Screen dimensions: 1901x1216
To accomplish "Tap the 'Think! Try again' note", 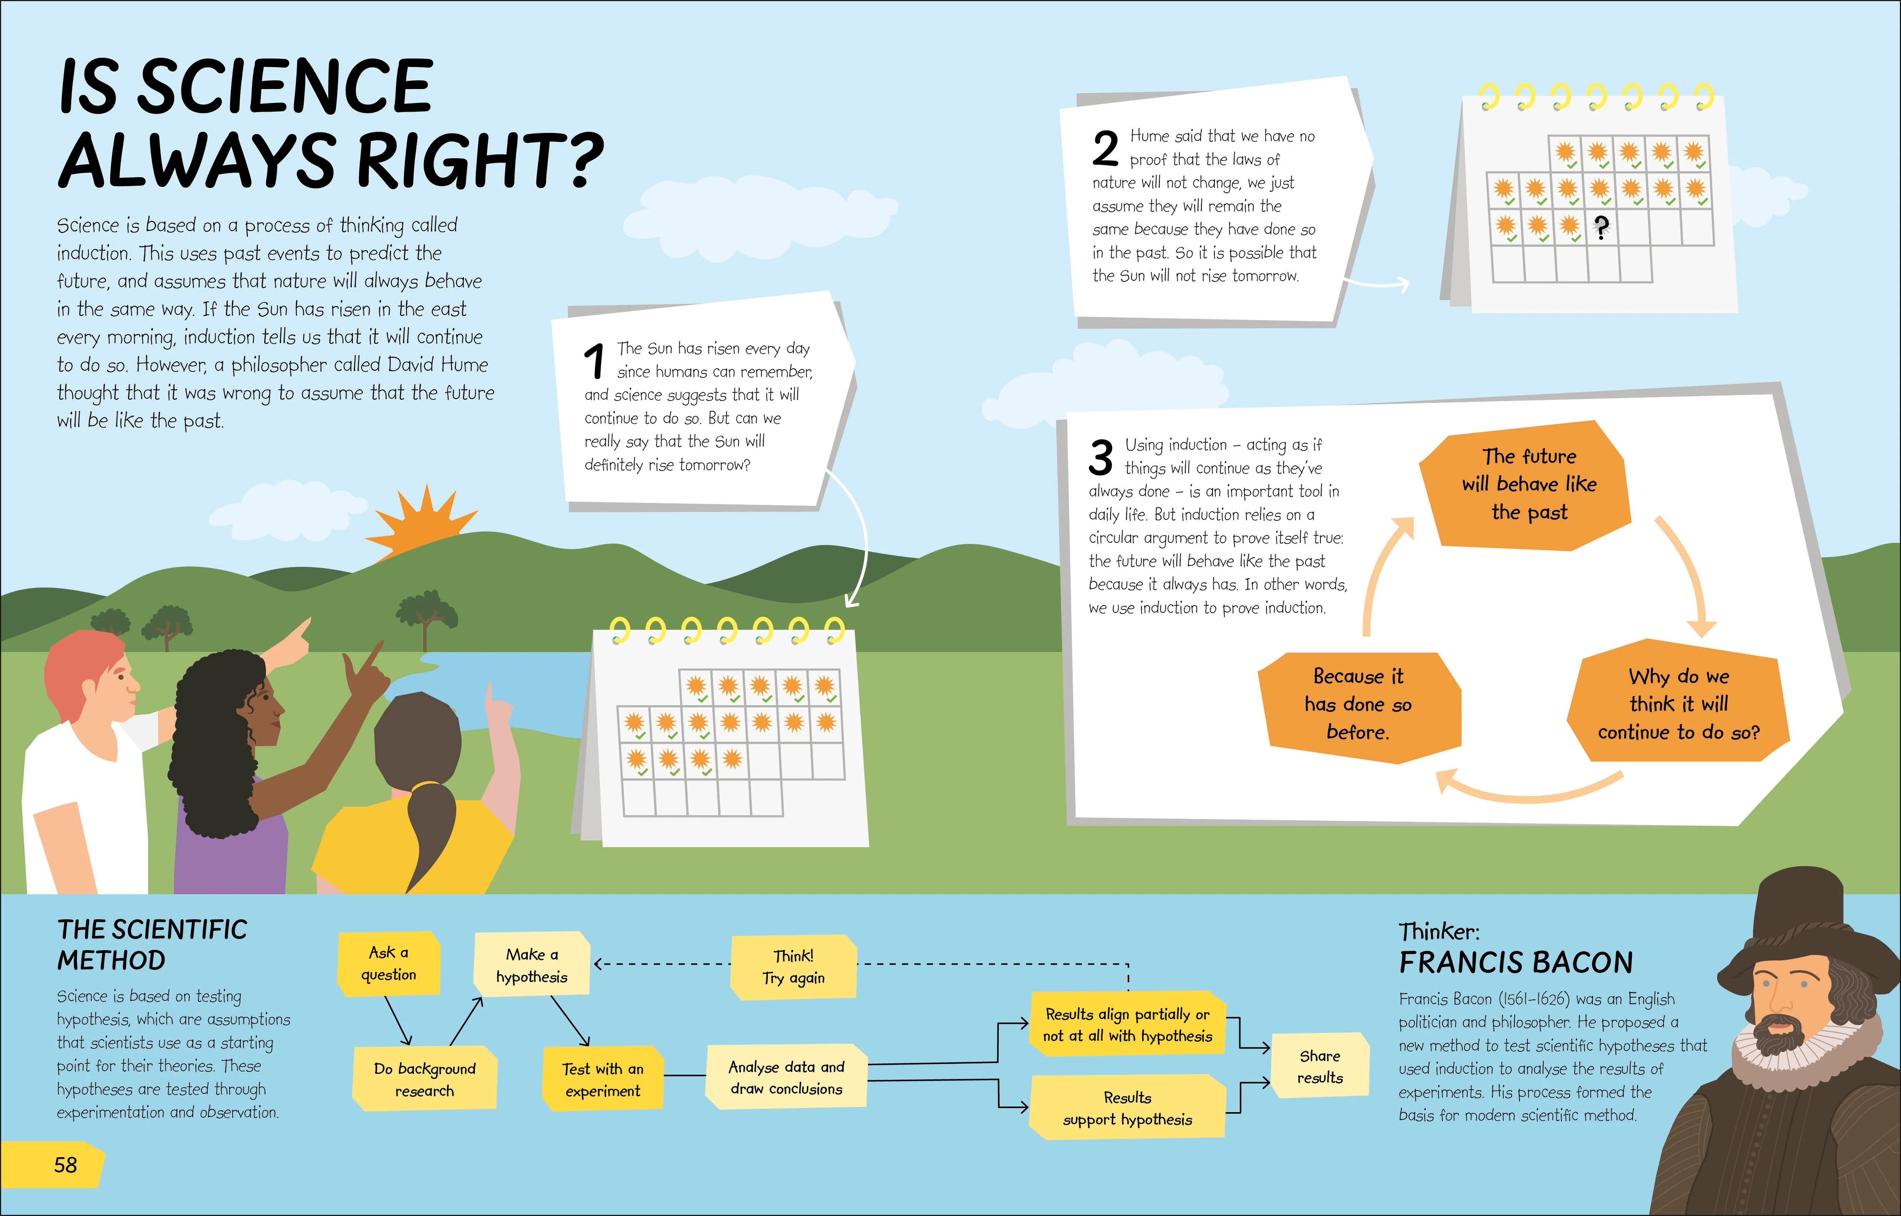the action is [793, 966].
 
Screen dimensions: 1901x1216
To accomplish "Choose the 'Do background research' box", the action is [425, 1079].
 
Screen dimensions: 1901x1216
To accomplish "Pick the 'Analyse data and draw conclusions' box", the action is [786, 1077].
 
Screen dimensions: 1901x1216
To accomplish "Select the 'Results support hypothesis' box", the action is [1127, 1108].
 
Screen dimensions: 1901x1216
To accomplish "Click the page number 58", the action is [65, 1165].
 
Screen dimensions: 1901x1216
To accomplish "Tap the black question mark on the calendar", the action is [1600, 228].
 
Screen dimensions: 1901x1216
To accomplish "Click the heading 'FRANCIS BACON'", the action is [1516, 963].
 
